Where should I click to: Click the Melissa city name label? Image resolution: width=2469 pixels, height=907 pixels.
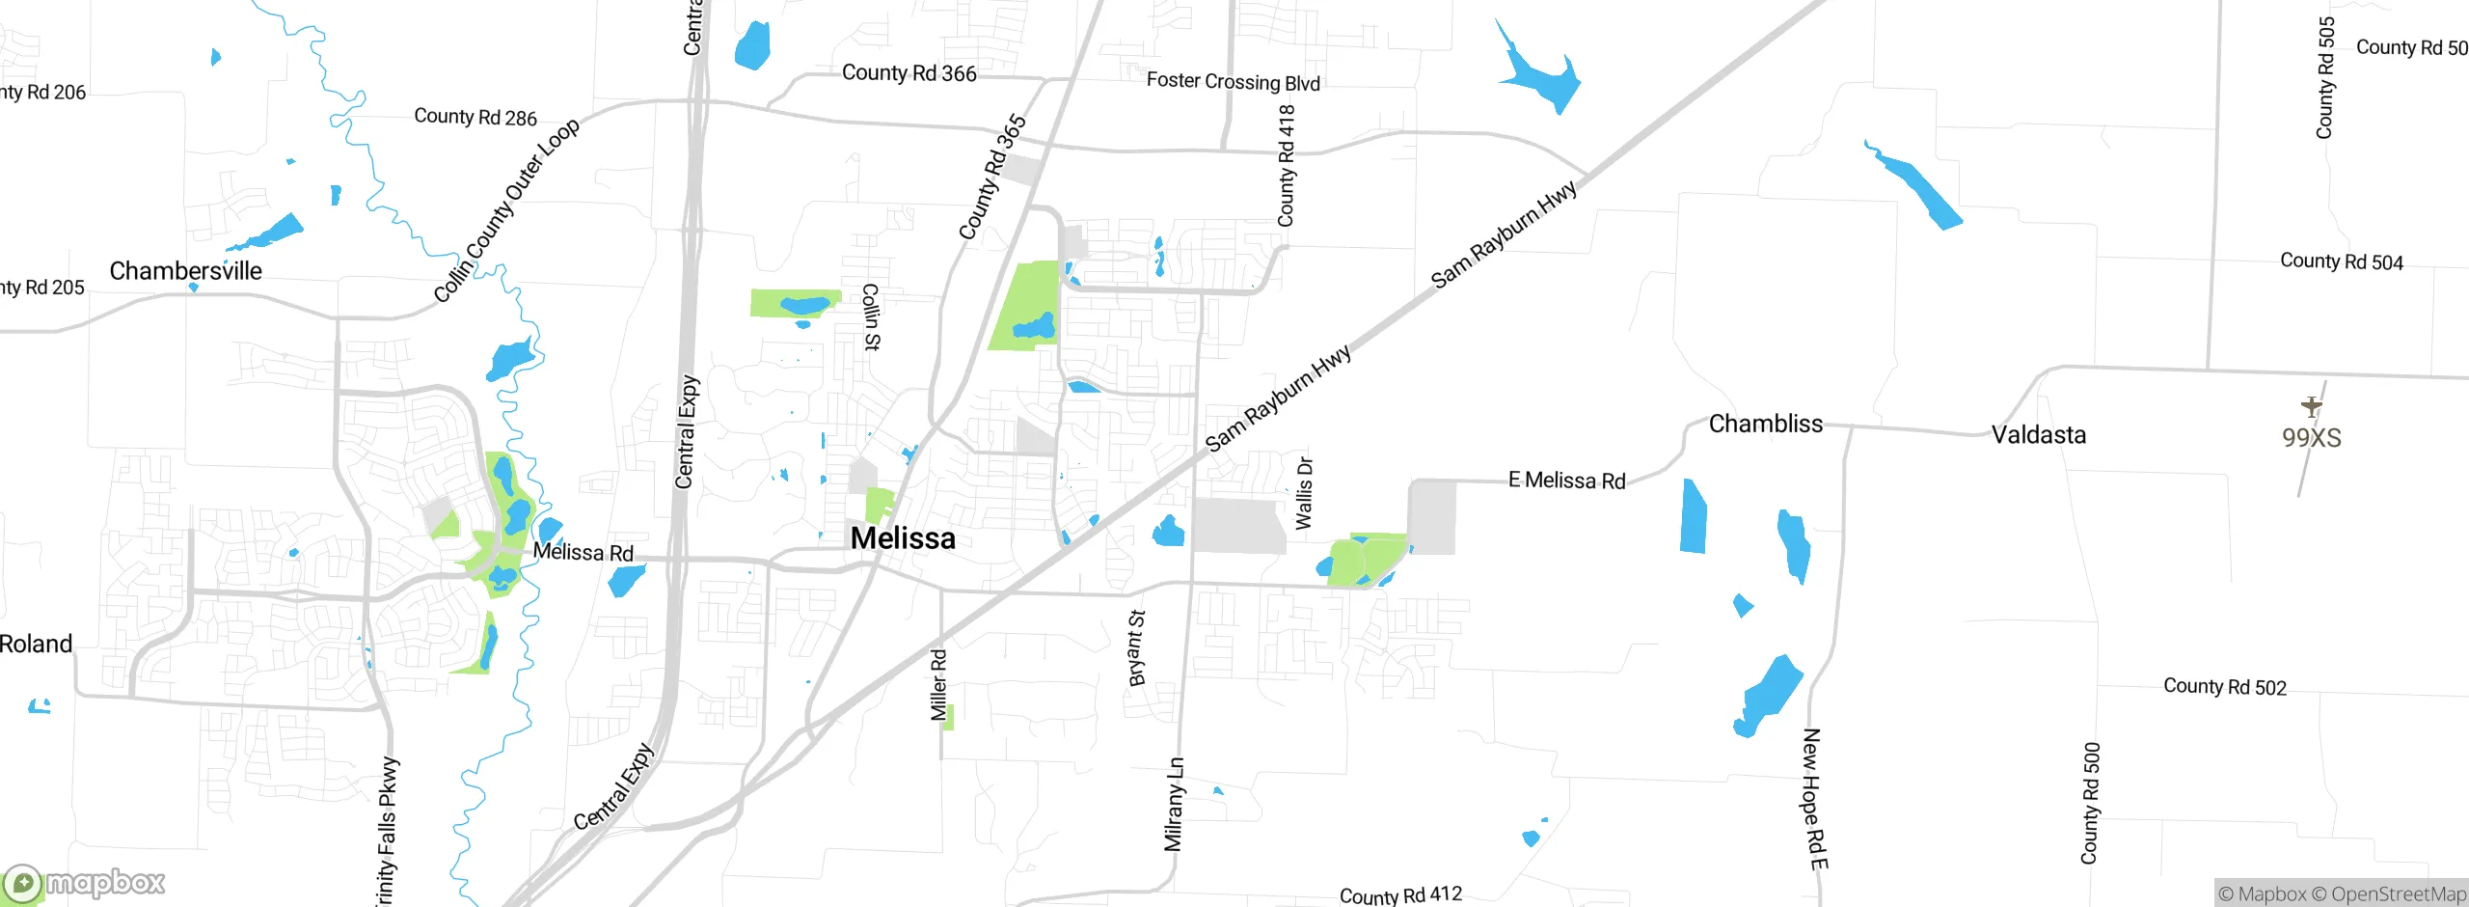[x=903, y=538]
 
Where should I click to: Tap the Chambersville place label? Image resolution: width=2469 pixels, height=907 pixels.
[x=185, y=271]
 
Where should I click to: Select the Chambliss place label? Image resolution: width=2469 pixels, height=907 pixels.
[x=1765, y=424]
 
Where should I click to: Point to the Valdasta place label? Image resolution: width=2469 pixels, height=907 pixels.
[x=2039, y=435]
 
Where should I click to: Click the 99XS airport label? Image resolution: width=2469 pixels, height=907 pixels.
[x=2311, y=438]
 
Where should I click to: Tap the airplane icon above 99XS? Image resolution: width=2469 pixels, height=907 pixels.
[x=2311, y=405]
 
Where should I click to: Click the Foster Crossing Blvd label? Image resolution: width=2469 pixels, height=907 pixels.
[x=1233, y=82]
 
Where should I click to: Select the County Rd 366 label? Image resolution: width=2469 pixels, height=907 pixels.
[x=909, y=73]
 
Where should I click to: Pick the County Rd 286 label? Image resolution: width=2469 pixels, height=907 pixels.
[x=475, y=117]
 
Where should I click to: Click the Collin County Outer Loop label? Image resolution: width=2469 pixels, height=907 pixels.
[x=506, y=210]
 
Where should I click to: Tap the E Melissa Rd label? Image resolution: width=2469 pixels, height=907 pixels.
[x=1566, y=481]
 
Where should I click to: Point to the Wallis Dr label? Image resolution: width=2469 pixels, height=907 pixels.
[x=1304, y=493]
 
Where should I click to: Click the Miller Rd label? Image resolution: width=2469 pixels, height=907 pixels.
[x=938, y=685]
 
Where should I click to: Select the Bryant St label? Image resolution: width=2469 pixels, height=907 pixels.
[x=1137, y=647]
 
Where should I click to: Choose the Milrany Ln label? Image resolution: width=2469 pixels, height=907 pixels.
[x=1174, y=805]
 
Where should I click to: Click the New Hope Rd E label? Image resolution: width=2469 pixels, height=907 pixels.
[x=1814, y=799]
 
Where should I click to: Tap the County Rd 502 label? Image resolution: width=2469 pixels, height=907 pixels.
[x=2224, y=687]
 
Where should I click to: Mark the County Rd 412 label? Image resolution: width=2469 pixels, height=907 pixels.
[x=1400, y=895]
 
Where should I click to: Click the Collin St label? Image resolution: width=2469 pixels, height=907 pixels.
[x=871, y=316]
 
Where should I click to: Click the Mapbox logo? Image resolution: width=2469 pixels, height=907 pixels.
[x=85, y=883]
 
